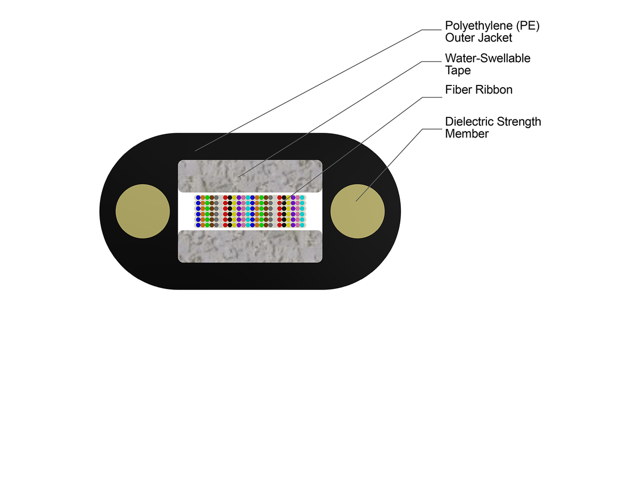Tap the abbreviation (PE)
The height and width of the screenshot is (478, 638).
[524, 26]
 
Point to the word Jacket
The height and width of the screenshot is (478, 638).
[495, 38]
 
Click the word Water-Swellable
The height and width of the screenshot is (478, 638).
[488, 58]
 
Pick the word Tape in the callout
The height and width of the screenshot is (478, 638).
[458, 70]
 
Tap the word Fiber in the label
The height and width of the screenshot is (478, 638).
[458, 90]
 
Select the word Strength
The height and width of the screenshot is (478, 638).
[521, 122]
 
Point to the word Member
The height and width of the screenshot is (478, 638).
[466, 134]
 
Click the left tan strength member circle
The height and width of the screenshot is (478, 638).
[142, 211]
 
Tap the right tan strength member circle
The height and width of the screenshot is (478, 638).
[357, 211]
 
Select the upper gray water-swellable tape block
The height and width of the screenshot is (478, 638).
[250, 176]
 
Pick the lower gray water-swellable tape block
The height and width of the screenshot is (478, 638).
[250, 246]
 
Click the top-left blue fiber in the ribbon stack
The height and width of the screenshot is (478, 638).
[198, 198]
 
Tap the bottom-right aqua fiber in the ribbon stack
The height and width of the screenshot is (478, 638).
[302, 225]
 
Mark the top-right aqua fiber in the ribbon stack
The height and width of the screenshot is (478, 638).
[302, 198]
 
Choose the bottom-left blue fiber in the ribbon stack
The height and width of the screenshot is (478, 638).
[198, 225]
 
